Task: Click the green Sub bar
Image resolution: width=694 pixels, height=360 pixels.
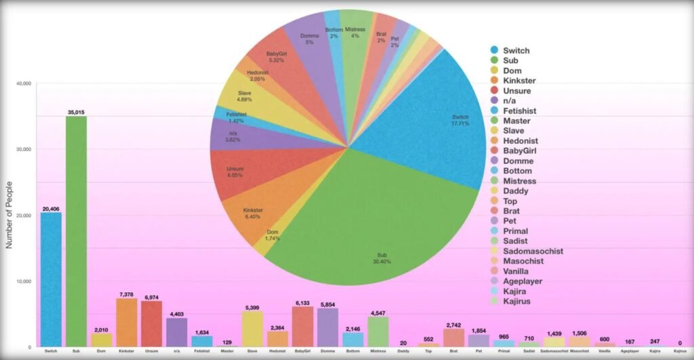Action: click(76, 231)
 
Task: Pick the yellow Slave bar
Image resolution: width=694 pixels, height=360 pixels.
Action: click(252, 329)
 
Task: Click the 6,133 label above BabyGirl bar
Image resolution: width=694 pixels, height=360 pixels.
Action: click(302, 302)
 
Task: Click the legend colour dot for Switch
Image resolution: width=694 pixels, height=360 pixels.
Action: click(495, 51)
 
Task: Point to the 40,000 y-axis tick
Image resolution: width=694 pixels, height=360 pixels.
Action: click(24, 83)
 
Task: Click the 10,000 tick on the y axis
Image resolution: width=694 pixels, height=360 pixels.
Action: click(24, 281)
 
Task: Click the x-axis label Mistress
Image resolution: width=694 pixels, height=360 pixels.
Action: click(377, 351)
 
